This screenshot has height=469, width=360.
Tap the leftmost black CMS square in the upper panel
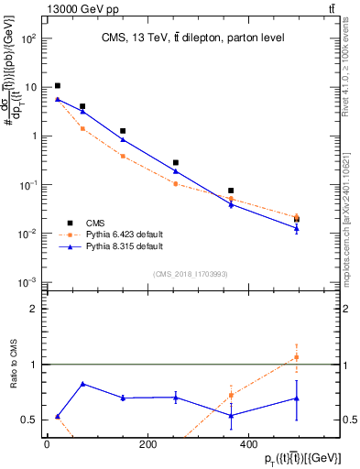click(58, 86)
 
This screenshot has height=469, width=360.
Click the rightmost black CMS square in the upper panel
click(296, 219)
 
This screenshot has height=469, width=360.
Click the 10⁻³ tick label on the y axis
click(30, 282)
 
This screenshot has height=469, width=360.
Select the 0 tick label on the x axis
click(47, 444)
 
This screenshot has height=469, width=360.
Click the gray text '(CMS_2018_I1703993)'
click(191, 274)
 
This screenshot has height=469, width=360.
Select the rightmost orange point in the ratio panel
click(296, 357)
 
